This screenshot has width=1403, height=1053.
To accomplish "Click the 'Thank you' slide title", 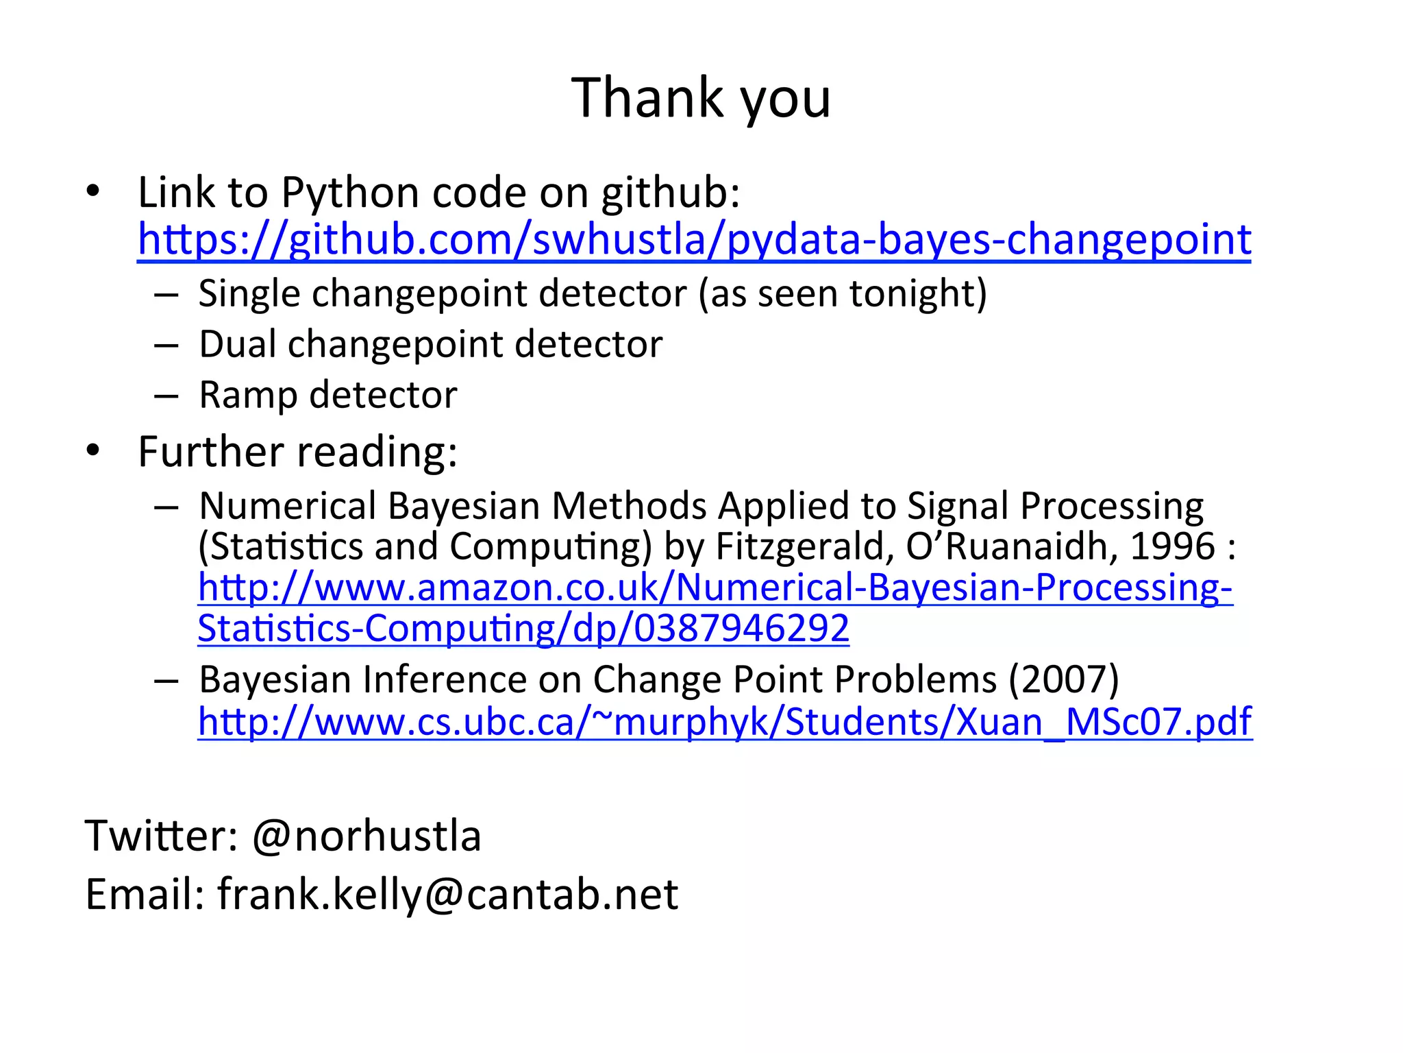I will (701, 98).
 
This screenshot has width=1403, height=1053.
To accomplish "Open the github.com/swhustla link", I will (694, 239).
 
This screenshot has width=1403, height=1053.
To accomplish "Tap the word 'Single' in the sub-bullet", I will (249, 293).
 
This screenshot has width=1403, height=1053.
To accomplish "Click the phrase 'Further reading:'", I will (297, 452).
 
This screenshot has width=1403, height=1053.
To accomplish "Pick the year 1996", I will (1172, 546).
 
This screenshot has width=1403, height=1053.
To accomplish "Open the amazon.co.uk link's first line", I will (715, 588).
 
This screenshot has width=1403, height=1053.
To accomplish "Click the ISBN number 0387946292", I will (741, 628).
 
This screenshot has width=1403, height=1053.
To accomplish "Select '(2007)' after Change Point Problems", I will (1063, 679).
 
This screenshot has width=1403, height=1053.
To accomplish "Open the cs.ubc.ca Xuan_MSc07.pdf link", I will (725, 721).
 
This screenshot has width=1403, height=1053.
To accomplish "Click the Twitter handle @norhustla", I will (367, 836).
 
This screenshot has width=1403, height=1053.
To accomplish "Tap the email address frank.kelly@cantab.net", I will (447, 894).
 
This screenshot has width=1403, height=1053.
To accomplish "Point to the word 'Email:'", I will (145, 894).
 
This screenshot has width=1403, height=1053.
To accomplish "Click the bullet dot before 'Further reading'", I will (93, 450).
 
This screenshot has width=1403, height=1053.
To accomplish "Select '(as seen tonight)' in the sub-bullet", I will (843, 293).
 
